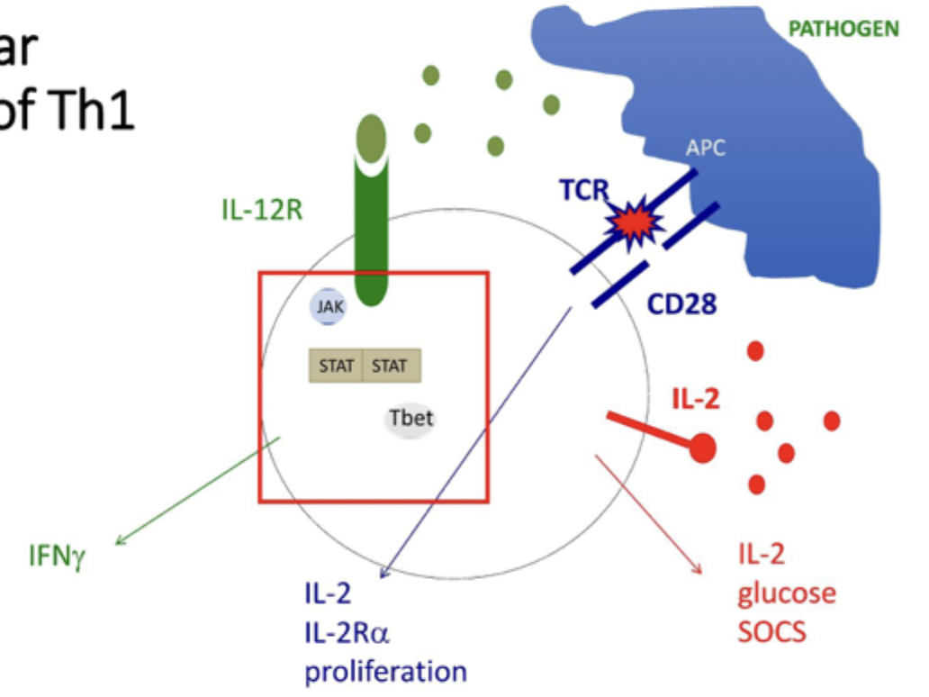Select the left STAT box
(x=336, y=367)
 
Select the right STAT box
(x=390, y=367)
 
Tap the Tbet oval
(x=410, y=420)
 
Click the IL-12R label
(x=260, y=212)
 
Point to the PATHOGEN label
(x=843, y=28)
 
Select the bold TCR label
(x=582, y=192)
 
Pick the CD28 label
(x=681, y=304)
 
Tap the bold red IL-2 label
(x=696, y=397)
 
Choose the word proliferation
(x=385, y=672)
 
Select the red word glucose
(x=787, y=593)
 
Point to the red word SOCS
(x=772, y=631)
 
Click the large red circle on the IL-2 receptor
(x=703, y=448)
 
